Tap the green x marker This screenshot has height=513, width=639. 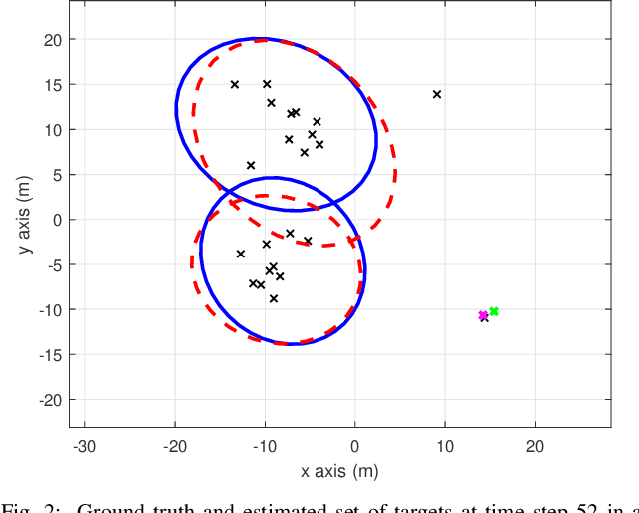(x=494, y=311)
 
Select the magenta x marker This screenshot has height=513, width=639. (x=483, y=315)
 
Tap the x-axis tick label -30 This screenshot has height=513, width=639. (x=84, y=446)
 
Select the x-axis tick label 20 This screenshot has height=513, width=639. (x=535, y=446)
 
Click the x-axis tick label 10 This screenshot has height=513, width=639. (x=445, y=446)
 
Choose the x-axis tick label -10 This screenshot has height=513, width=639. (x=264, y=446)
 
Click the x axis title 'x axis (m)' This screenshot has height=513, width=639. (x=339, y=471)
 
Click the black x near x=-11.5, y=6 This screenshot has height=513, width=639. (x=251, y=165)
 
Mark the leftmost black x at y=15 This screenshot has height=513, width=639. (x=235, y=84)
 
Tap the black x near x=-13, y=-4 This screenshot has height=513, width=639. (x=241, y=254)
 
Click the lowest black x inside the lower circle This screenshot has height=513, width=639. (x=274, y=298)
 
